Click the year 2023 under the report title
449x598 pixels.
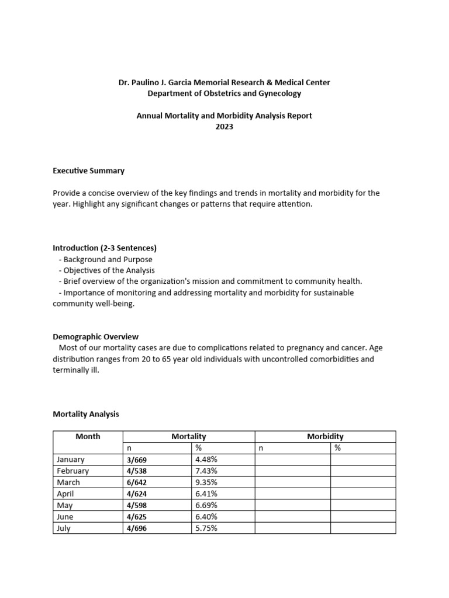click(224, 127)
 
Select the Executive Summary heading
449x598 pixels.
click(88, 171)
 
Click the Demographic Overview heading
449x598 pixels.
click(95, 336)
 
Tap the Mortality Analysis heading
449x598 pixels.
click(85, 414)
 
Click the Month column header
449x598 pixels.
click(88, 436)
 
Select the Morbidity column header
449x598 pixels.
click(325, 436)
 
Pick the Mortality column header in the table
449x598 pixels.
click(188, 436)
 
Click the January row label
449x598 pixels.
click(71, 460)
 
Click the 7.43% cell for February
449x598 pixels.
click(206, 471)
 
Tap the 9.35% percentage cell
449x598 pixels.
click(206, 482)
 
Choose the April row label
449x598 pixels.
click(66, 493)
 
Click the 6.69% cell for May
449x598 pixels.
click(206, 505)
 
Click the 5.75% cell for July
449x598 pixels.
click(206, 528)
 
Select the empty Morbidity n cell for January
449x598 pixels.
click(292, 460)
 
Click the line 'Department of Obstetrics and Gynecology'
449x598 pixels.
click(224, 93)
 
